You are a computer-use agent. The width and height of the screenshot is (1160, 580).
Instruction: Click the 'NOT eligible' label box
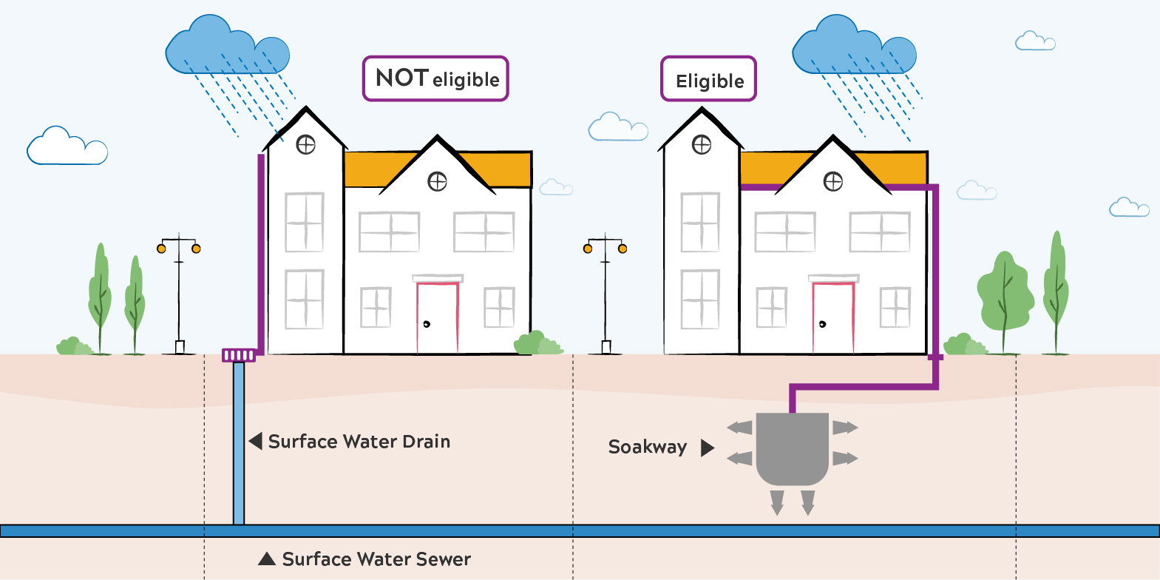click(x=435, y=78)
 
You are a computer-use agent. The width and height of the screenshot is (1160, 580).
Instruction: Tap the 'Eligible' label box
click(x=708, y=79)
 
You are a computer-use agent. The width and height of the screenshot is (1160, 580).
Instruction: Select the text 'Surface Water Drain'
click(x=359, y=442)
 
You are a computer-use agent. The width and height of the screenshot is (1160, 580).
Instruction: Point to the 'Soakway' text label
click(x=648, y=447)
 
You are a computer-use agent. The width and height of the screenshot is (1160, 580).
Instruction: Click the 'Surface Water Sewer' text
click(x=376, y=559)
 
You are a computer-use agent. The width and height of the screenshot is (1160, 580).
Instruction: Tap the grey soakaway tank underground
click(x=793, y=448)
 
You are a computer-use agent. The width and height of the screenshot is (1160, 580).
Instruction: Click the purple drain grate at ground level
click(x=239, y=356)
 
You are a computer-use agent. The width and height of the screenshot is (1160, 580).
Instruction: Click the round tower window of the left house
click(x=306, y=144)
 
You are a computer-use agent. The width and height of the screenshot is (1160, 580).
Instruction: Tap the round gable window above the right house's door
click(x=833, y=181)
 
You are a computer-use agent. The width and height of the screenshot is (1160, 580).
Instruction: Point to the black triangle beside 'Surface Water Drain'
click(x=256, y=442)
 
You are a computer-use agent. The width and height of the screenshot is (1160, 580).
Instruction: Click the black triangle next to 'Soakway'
click(x=707, y=448)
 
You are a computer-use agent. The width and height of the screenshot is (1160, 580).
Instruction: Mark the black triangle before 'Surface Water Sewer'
click(x=267, y=559)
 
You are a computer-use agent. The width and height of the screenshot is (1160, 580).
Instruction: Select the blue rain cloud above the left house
click(x=227, y=48)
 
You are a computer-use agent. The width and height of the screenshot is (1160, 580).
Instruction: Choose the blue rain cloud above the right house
click(x=854, y=48)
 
